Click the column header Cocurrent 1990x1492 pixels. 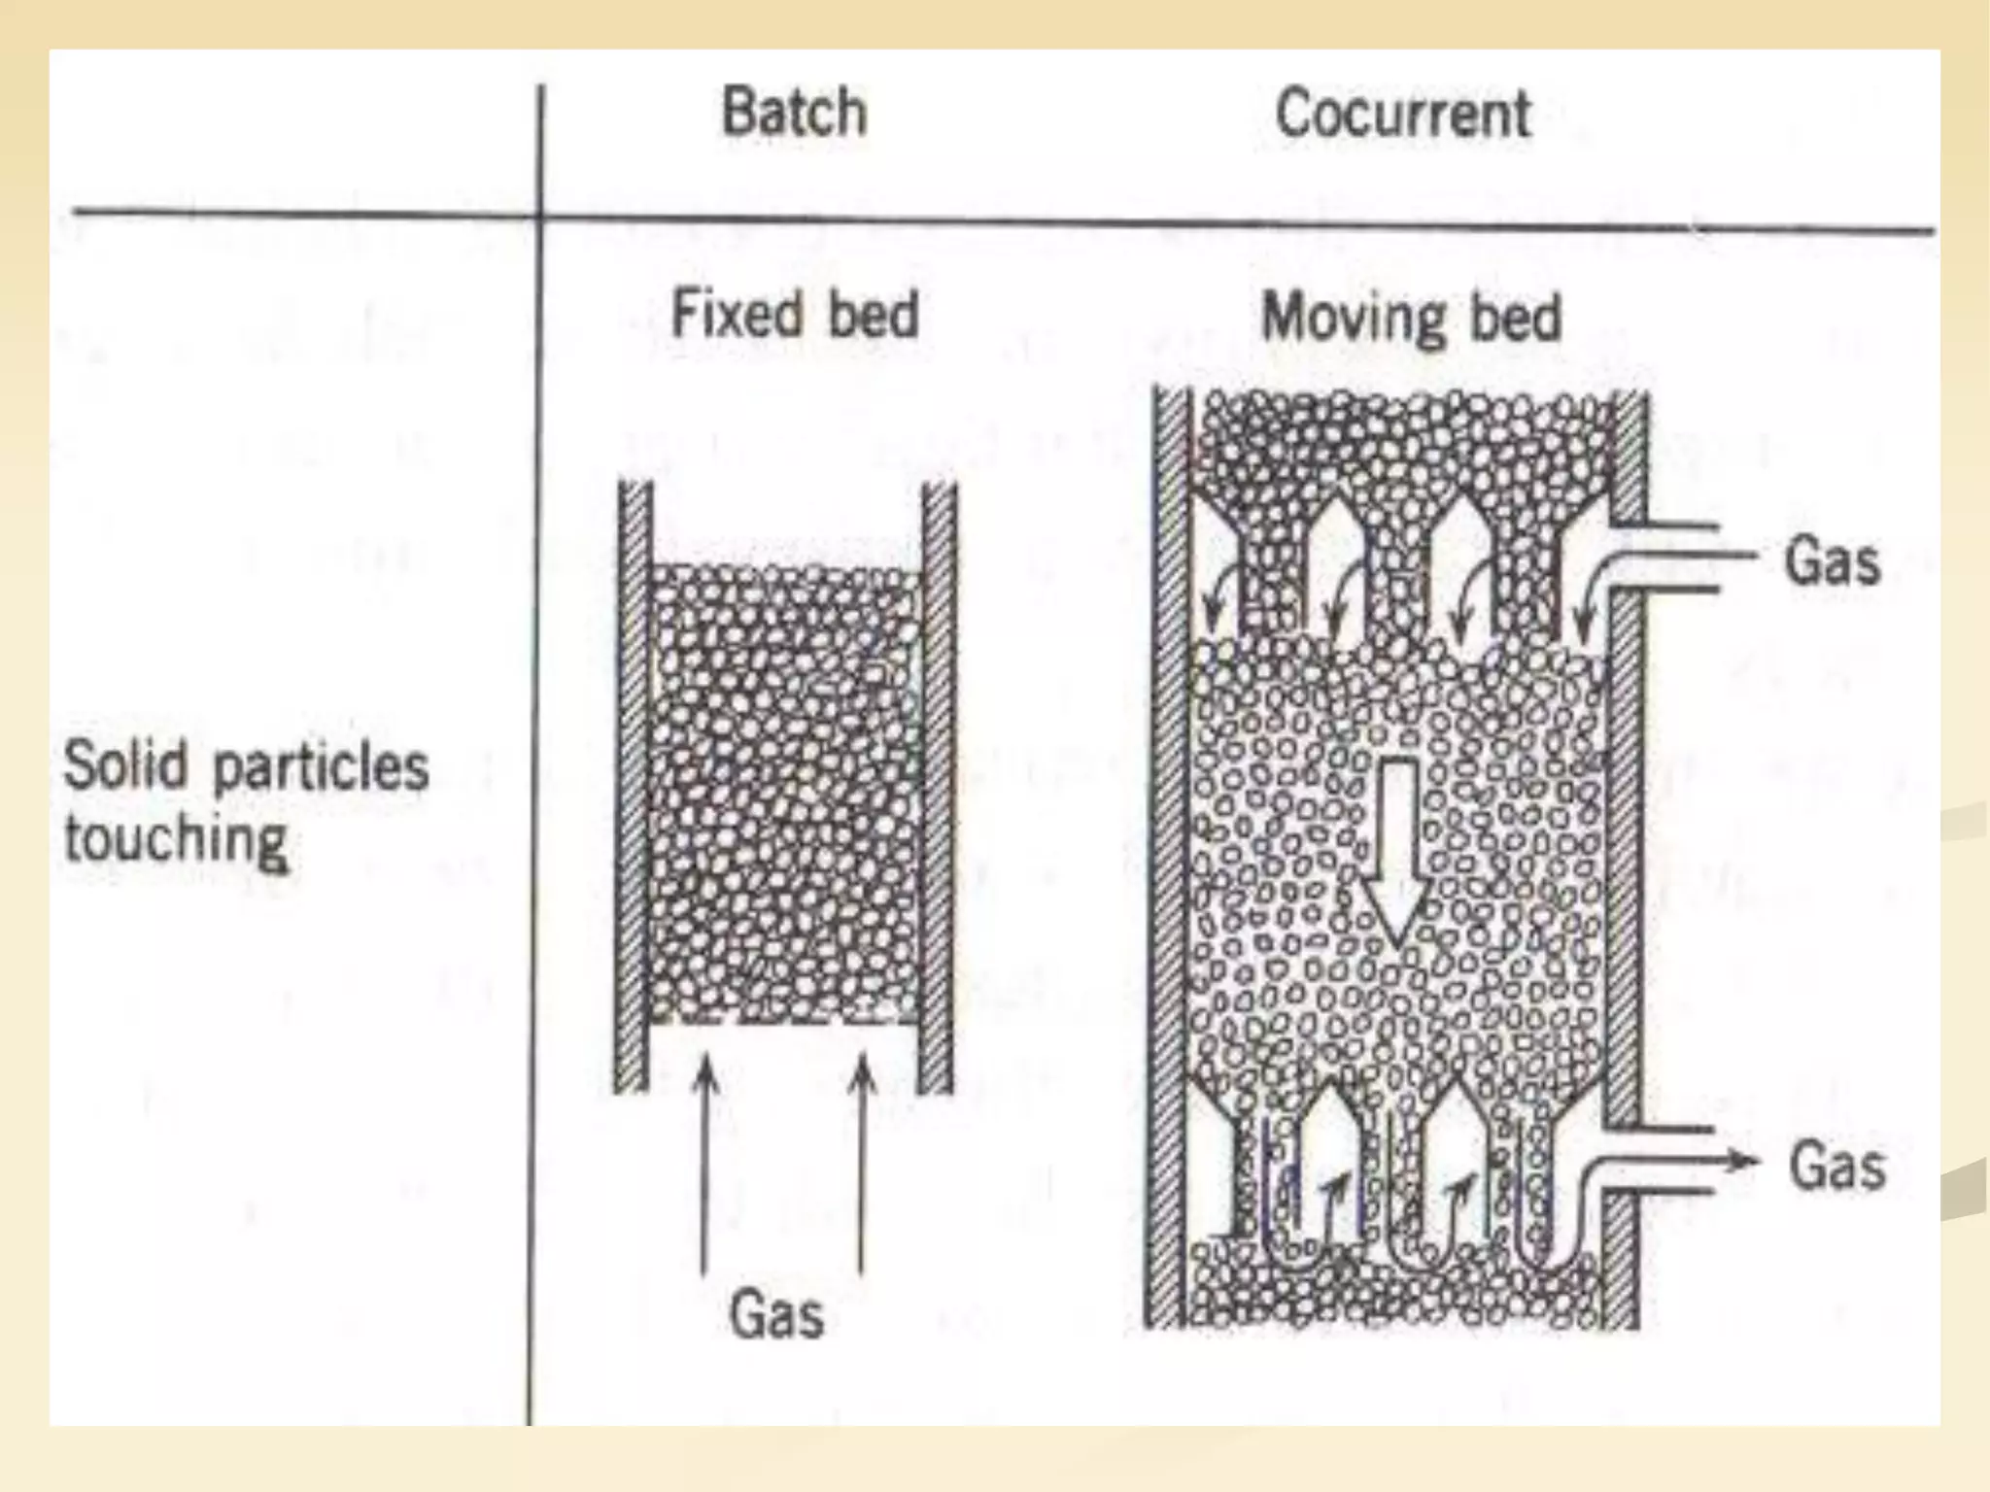tap(1402, 113)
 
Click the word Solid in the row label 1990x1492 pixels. tap(125, 765)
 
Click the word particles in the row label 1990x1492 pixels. tap(321, 767)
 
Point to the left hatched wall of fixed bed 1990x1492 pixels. tap(634, 787)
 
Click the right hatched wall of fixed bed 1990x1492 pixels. tap(938, 787)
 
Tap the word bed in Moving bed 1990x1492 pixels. tap(1515, 317)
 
